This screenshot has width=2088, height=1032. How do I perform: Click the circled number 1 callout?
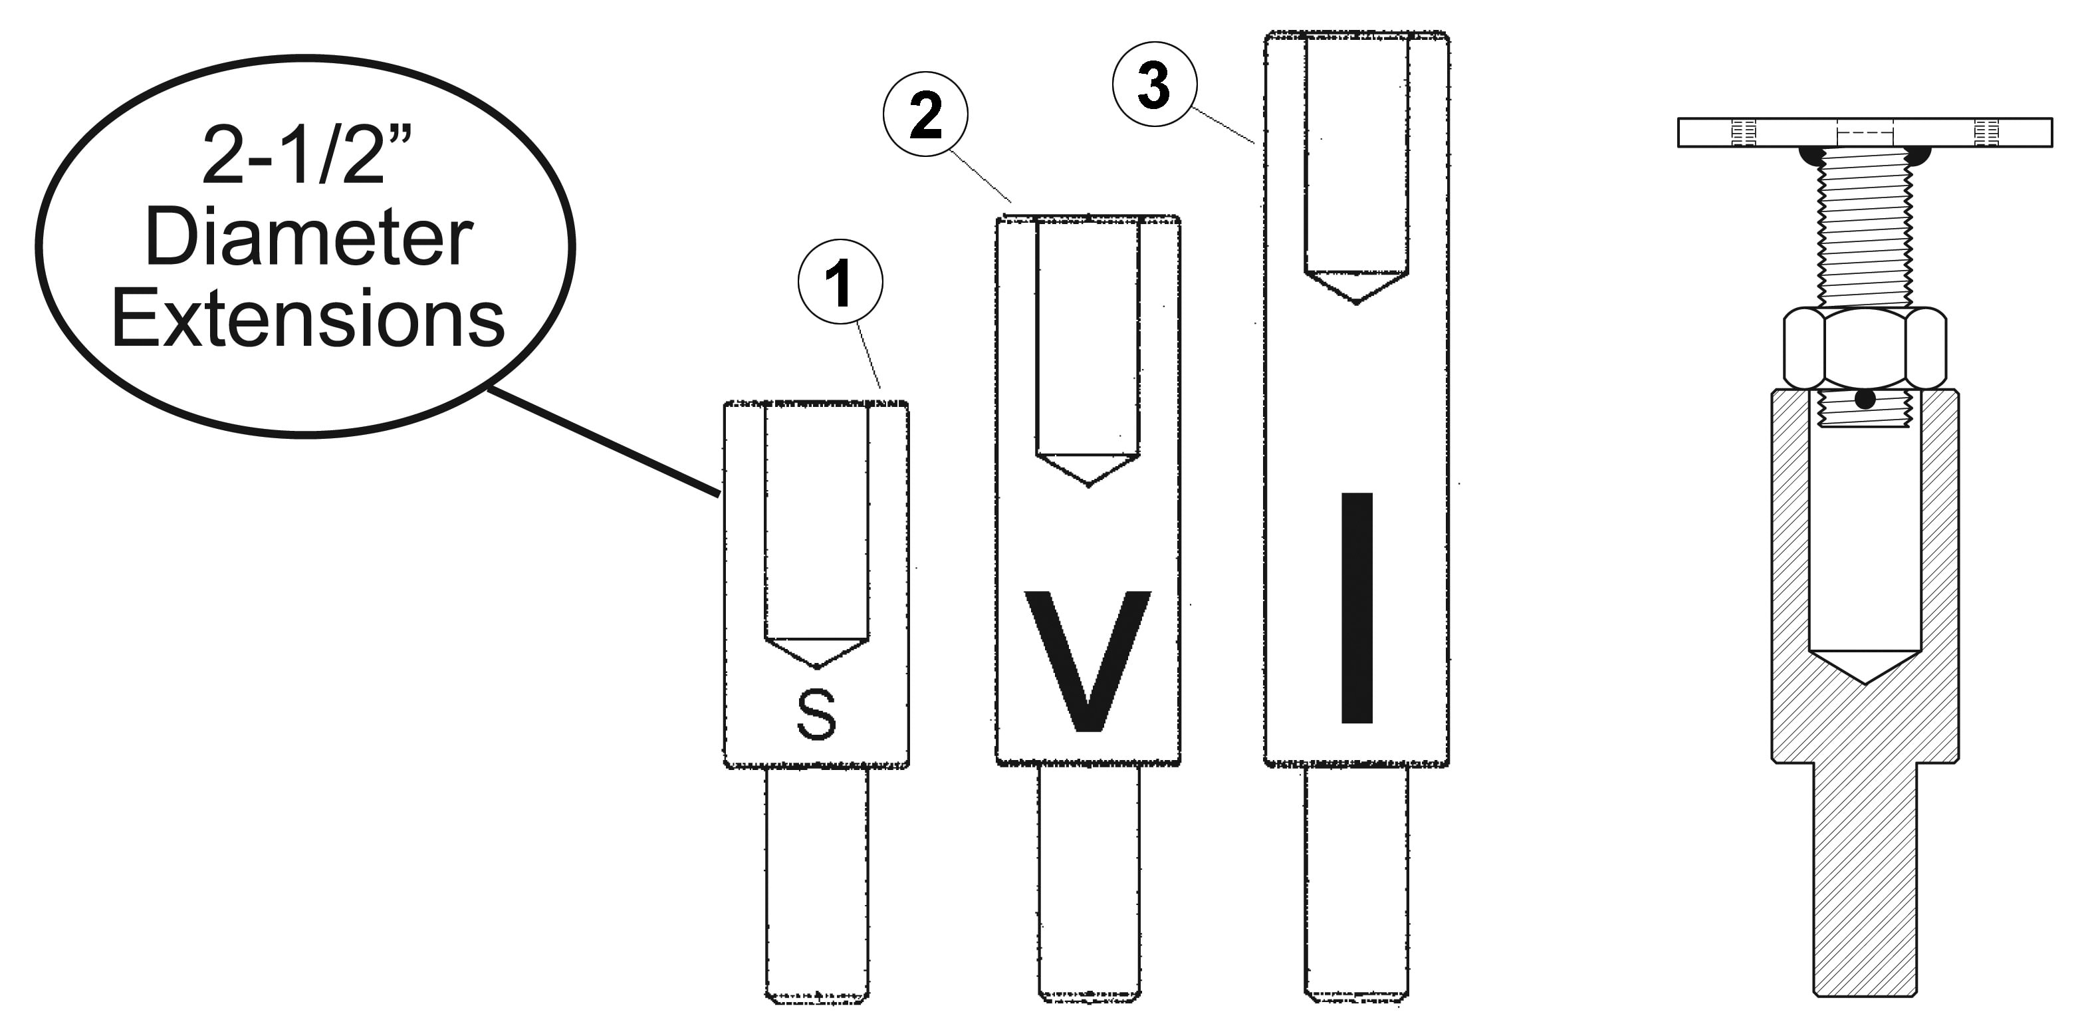[x=840, y=282]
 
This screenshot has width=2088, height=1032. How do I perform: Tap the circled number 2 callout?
[x=925, y=114]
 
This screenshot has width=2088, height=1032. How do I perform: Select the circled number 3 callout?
[x=1154, y=84]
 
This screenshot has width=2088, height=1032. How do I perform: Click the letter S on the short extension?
[x=816, y=714]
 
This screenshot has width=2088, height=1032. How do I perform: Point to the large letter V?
[x=1088, y=661]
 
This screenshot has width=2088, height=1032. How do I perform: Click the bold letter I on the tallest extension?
[x=1357, y=607]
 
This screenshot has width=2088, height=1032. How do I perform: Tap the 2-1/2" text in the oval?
[x=306, y=155]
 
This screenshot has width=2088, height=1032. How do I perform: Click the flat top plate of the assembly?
[x=1864, y=132]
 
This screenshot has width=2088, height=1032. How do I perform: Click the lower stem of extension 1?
[x=817, y=884]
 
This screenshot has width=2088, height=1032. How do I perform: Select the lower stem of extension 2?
[x=1089, y=884]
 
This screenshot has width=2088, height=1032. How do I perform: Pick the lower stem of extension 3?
[x=1356, y=884]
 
